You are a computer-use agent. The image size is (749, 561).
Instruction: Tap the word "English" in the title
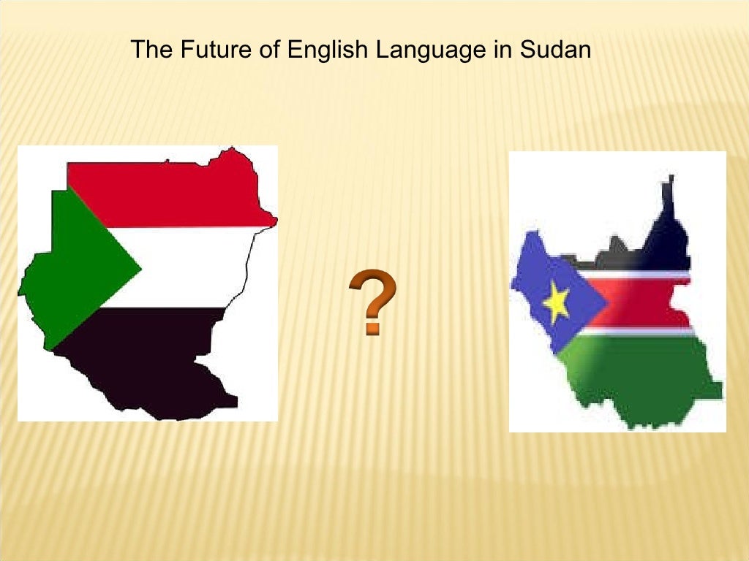pos(327,50)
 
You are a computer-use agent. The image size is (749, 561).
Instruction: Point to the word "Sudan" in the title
pos(556,50)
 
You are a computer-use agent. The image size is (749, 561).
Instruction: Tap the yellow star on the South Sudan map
pos(556,303)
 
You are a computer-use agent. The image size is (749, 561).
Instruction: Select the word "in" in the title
pos(500,50)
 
